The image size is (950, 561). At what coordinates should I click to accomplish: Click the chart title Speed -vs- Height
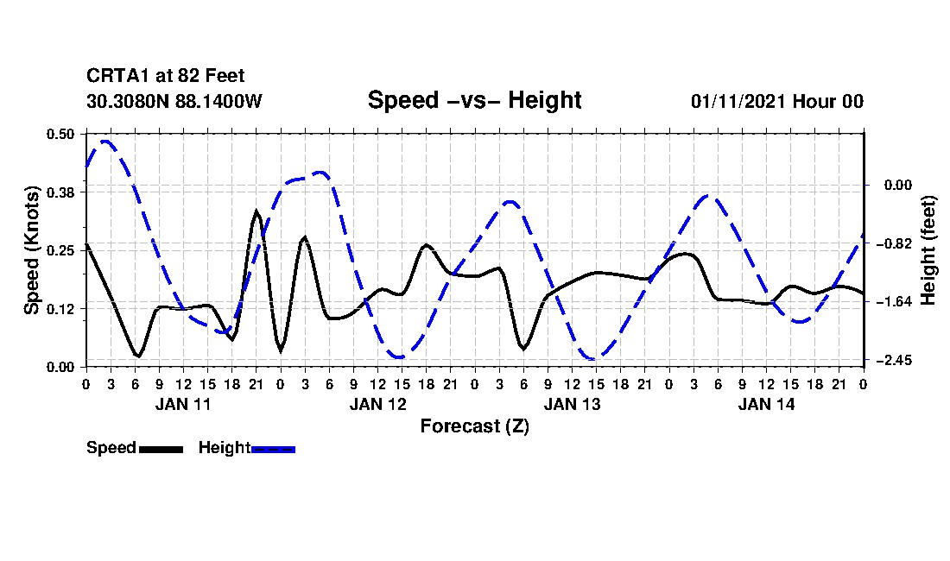click(474, 100)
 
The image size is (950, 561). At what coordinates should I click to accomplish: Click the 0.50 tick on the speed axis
click(61, 134)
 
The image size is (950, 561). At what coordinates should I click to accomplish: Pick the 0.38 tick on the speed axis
click(61, 192)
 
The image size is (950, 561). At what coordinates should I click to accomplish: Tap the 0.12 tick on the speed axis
click(61, 308)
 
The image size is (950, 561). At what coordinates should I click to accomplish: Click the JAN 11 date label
click(183, 404)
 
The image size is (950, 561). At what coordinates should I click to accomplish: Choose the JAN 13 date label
click(572, 404)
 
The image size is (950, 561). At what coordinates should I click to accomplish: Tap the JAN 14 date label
click(766, 404)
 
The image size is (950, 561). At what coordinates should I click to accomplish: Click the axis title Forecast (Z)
click(474, 426)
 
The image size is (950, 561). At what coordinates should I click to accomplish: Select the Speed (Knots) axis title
click(32, 250)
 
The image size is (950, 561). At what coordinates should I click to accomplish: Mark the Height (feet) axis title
click(929, 250)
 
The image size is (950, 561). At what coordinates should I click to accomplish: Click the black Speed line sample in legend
click(161, 449)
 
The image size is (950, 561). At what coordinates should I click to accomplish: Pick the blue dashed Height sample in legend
click(273, 449)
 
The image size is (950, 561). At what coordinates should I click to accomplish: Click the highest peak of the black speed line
click(256, 211)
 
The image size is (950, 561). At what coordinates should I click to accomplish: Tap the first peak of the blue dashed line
click(105, 141)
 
